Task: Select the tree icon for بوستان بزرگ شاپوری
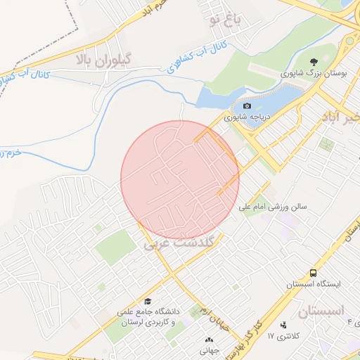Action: pos(312,63)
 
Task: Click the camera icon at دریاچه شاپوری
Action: pos(246,106)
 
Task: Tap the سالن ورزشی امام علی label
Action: pos(274,207)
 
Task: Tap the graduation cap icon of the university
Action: pos(147,301)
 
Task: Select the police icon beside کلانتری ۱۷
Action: pos(283,325)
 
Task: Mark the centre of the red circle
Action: pos(180,180)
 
